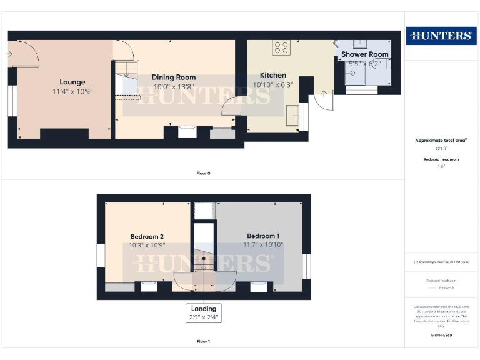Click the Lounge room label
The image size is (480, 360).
click(72, 82)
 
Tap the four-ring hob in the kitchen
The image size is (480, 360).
click(281, 47)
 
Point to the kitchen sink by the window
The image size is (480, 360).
click(292, 114)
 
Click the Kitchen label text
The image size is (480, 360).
click(273, 75)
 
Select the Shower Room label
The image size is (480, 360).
click(365, 54)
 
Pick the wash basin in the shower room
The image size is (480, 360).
click(361, 44)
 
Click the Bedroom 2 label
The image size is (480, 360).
click(147, 237)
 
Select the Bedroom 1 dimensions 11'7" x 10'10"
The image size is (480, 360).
click(263, 245)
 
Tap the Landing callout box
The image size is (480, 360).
click(204, 312)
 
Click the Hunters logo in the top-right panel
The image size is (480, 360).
click(440, 36)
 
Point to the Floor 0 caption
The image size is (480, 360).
click(203, 173)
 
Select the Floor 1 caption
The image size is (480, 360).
click(203, 342)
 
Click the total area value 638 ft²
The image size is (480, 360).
click(441, 149)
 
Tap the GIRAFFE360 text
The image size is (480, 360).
click(441, 336)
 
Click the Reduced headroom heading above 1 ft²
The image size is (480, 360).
click(441, 159)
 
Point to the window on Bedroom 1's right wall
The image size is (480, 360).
click(306, 266)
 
